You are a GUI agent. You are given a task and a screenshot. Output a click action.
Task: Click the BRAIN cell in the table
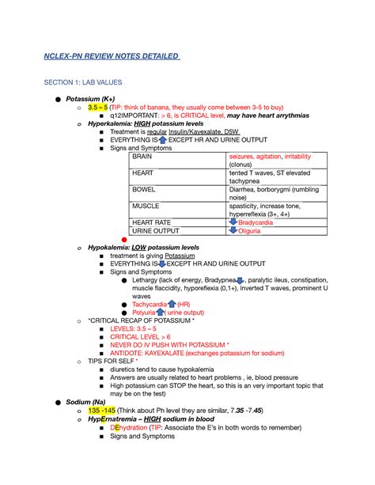coord(143,157)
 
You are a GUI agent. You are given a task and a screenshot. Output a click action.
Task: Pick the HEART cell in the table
coord(143,172)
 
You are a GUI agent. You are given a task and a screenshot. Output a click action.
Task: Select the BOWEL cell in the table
coord(144,190)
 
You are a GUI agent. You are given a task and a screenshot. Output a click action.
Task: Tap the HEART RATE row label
coord(151,223)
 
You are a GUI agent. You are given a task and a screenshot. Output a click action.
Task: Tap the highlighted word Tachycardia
coord(149,305)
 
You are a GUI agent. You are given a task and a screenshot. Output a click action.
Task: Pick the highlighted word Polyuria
coord(146,313)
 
